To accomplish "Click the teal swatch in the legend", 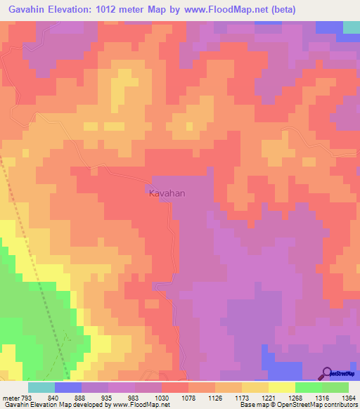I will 41,387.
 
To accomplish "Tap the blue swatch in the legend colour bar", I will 67,387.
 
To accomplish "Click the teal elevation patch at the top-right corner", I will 352,27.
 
